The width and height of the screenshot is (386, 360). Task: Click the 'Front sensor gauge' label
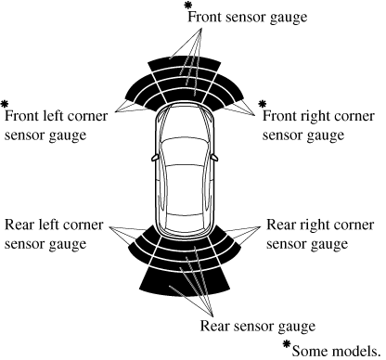[248, 18]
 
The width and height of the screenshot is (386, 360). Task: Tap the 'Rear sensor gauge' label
[258, 327]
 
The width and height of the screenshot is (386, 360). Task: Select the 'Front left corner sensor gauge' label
[56, 126]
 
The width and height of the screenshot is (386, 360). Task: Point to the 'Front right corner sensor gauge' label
[318, 126]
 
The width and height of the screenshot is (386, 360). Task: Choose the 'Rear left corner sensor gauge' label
[54, 235]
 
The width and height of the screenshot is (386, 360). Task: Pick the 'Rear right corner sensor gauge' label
[320, 235]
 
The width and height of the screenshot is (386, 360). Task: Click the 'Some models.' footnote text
[336, 352]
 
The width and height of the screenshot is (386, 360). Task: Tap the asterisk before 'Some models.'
[288, 344]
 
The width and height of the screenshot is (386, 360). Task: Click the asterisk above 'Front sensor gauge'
[187, 6]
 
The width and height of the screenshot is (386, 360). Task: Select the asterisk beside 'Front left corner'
[5, 104]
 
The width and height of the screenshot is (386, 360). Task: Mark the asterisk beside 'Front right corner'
[263, 104]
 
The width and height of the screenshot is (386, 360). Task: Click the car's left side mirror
[154, 158]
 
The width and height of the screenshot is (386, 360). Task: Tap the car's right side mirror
[214, 158]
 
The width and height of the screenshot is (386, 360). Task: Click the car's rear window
[185, 219]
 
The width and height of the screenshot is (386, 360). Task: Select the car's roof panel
[185, 188]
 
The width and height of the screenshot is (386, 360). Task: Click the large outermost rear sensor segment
[185, 282]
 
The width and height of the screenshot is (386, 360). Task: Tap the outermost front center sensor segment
[185, 63]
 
